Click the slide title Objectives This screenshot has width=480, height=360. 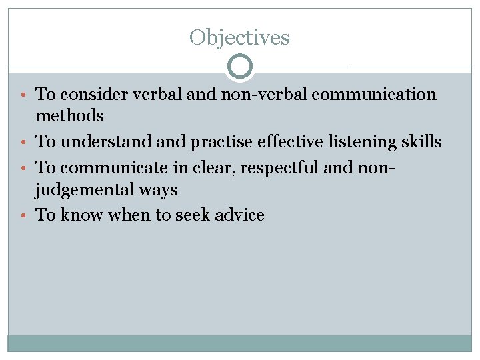click(239, 37)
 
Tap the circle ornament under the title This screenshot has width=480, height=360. click(240, 67)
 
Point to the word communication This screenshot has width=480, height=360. click(374, 95)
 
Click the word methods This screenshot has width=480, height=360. click(69, 116)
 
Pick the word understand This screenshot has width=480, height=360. click(101, 142)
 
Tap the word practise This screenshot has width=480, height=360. click(204, 142)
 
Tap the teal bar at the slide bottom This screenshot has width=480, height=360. click(240, 343)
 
